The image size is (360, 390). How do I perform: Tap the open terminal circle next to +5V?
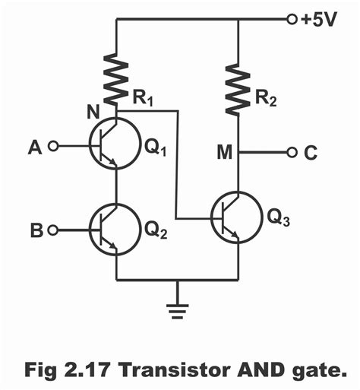tap(292, 21)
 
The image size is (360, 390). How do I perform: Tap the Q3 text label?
tap(279, 221)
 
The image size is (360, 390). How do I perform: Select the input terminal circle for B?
tap(52, 227)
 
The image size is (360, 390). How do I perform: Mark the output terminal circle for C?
tap(292, 153)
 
